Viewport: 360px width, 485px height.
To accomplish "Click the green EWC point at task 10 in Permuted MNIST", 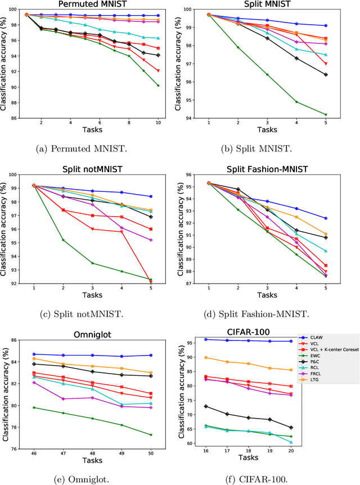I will coord(159,86).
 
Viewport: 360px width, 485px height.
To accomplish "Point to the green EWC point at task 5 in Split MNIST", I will coord(326,114).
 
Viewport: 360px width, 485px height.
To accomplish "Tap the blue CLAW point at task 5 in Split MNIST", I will coord(326,25).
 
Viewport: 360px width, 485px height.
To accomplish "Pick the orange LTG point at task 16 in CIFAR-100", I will coord(205,358).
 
